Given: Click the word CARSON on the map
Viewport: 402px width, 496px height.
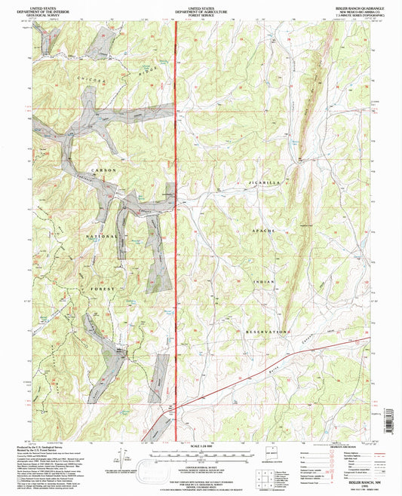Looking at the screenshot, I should click(x=104, y=171).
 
